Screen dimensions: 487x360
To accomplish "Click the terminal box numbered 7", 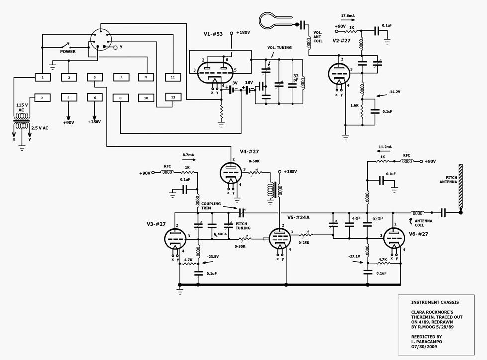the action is tap(121, 77).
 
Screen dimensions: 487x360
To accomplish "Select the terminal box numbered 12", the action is tap(173, 97).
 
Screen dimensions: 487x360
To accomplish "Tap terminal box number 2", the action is tap(42, 98).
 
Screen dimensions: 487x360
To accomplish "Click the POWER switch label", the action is tap(68, 52).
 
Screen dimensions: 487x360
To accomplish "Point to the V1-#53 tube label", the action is tap(213, 34).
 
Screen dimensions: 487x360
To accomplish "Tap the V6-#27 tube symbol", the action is tap(394, 239).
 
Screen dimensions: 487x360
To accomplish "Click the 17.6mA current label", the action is tap(348, 16).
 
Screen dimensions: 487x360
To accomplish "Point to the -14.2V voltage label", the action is tap(394, 92).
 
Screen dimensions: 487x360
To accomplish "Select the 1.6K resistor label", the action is tap(354, 106).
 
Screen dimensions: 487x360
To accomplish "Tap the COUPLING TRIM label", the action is tap(211, 206).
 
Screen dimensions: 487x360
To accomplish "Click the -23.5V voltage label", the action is tap(213, 257).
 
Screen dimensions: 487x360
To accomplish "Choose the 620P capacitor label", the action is tap(378, 219).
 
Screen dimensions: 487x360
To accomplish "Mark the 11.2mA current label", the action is tap(385, 147).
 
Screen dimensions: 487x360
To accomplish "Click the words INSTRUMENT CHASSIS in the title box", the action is tap(435, 302).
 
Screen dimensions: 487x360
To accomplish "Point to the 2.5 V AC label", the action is tap(40, 128).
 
